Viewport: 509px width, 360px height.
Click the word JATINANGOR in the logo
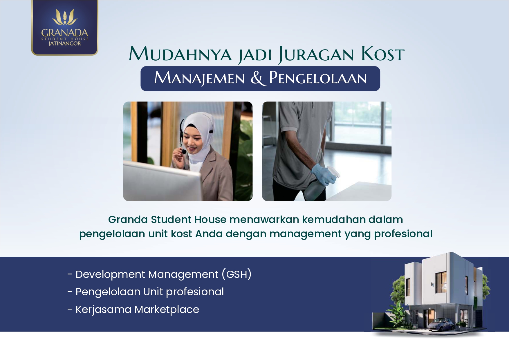pyautogui.click(x=65, y=44)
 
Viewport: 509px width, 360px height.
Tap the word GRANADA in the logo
pyautogui.click(x=65, y=32)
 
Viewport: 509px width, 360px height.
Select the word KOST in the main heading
pyautogui.click(x=383, y=54)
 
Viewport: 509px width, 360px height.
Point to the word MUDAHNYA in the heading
pyautogui.click(x=180, y=54)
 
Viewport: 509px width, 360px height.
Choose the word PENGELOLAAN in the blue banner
pyautogui.click(x=318, y=78)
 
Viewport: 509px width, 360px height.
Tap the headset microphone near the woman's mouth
pyautogui.click(x=183, y=151)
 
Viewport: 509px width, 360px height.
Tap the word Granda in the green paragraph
pyautogui.click(x=128, y=220)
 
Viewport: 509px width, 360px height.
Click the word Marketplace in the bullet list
pyautogui.click(x=167, y=310)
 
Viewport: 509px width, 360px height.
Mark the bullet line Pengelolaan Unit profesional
pyautogui.click(x=150, y=292)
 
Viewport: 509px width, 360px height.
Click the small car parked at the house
pyautogui.click(x=441, y=324)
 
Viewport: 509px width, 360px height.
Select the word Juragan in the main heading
pyautogui.click(x=316, y=55)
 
